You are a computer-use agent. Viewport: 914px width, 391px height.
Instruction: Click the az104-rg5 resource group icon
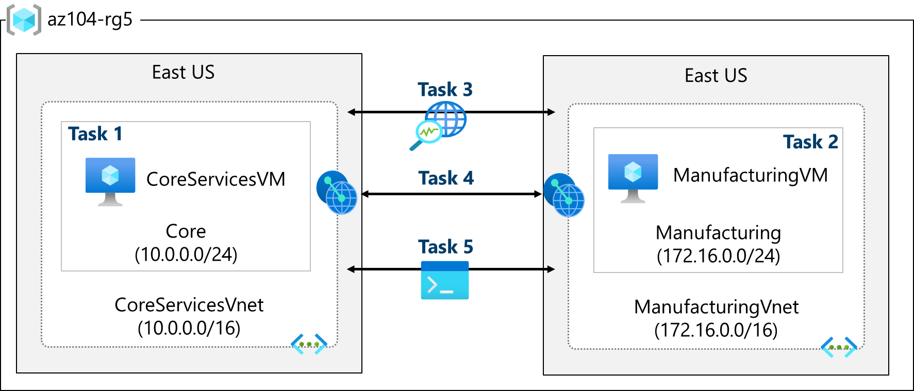[x=24, y=20]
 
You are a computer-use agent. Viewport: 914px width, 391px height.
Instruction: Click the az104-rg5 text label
[x=90, y=20]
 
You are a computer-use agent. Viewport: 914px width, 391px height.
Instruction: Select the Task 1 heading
[x=95, y=134]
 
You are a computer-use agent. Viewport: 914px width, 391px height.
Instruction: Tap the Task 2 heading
[x=810, y=142]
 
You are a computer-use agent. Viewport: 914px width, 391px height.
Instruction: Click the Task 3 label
[x=445, y=90]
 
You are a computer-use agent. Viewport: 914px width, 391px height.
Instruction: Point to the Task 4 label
[x=446, y=178]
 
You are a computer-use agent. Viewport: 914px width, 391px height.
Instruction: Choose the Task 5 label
[x=445, y=247]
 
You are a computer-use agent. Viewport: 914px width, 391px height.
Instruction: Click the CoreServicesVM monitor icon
[x=110, y=181]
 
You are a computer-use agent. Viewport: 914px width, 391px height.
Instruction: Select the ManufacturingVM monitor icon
[x=633, y=178]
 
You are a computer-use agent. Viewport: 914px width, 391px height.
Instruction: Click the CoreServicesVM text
[x=215, y=179]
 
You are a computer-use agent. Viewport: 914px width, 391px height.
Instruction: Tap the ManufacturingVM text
[x=750, y=175]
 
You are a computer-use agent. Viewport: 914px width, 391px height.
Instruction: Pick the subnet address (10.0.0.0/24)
[x=186, y=254]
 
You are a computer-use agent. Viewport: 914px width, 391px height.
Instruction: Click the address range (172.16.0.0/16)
[x=716, y=330]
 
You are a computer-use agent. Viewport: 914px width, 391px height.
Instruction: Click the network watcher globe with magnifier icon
[x=439, y=125]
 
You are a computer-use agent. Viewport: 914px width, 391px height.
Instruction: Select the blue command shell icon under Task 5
[x=445, y=280]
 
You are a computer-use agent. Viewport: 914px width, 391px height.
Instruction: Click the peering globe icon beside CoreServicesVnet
[x=337, y=193]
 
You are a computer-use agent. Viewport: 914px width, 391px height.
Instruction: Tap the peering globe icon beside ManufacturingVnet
[x=564, y=195]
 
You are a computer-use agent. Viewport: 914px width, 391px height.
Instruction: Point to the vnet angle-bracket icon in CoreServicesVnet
[x=309, y=344]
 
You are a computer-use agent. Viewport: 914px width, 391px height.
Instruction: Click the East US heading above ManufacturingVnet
[x=716, y=76]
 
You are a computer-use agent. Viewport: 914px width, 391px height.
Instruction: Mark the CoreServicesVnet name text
[x=189, y=305]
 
